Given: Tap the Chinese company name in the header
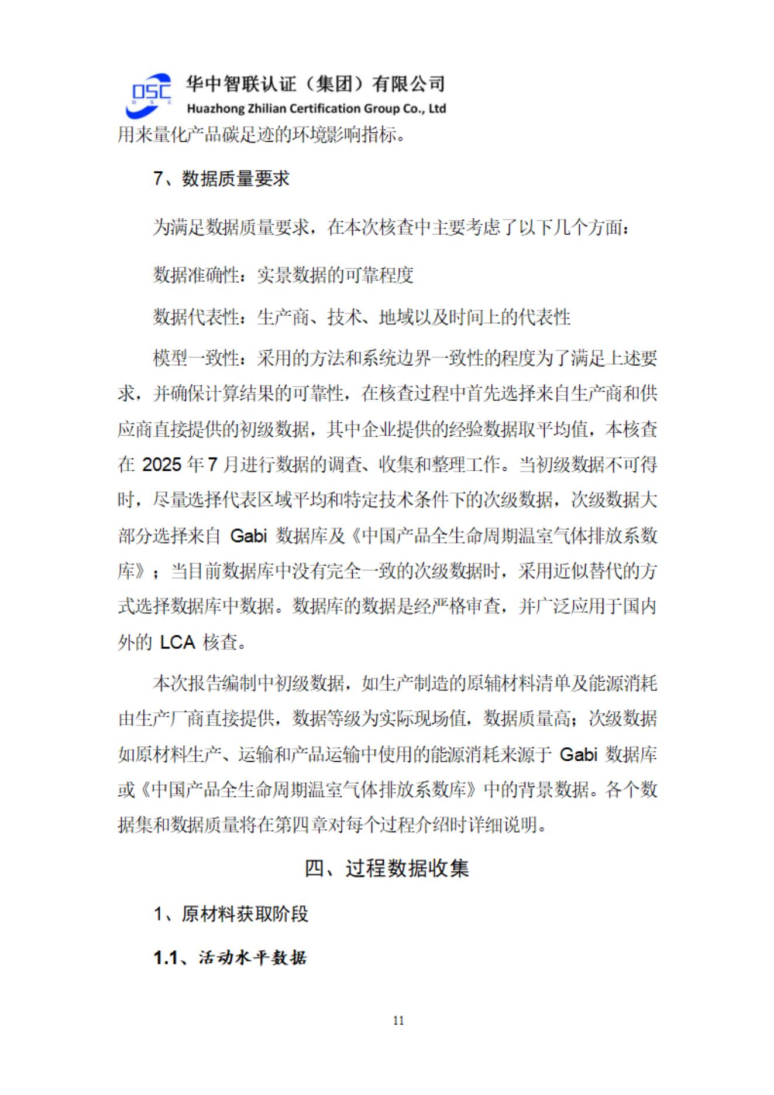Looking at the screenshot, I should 315,84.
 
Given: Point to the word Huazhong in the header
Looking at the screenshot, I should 212,109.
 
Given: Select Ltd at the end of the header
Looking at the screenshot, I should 437,109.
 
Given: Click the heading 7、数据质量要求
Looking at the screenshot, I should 221,179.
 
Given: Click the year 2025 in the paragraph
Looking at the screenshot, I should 161,465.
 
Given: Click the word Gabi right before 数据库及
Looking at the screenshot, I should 248,536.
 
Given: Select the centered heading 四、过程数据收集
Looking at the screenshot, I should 387,868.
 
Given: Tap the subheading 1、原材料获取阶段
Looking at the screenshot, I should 231,913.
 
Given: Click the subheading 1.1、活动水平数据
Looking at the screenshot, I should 230,957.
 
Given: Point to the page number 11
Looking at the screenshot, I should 398,1021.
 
